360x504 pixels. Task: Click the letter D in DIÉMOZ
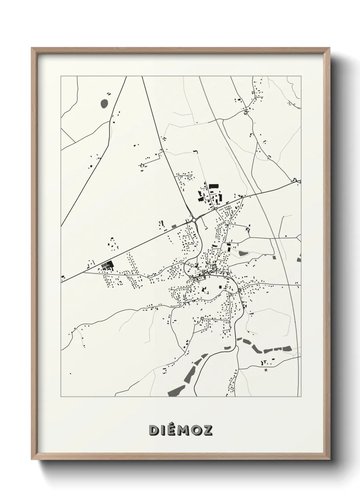[x=154, y=430]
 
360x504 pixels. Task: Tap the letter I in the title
[x=164, y=430]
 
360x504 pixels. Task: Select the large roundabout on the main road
[x=194, y=220]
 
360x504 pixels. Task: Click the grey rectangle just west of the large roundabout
[x=174, y=225]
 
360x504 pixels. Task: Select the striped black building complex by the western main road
[x=108, y=265]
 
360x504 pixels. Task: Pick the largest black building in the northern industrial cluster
[x=213, y=186]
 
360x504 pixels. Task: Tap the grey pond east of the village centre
[x=244, y=253]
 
